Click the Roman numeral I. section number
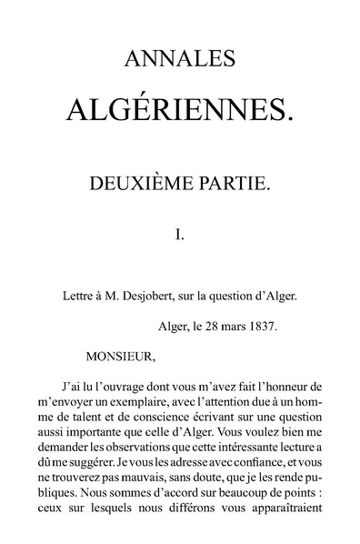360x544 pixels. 180,234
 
